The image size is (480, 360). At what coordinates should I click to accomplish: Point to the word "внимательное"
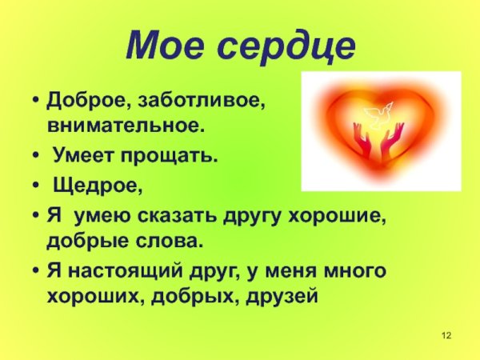(125, 126)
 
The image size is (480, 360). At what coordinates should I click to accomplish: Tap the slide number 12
(447, 333)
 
